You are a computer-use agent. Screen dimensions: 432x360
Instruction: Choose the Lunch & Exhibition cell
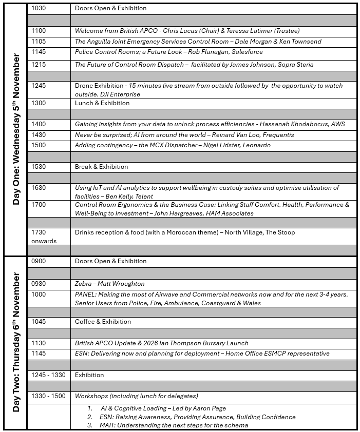102,103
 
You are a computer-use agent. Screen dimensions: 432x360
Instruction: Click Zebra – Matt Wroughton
110,284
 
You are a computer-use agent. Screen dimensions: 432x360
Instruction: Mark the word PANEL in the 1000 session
86,294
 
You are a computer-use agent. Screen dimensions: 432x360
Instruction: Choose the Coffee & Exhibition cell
103,322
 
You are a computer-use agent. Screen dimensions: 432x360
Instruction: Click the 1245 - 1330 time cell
48,375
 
